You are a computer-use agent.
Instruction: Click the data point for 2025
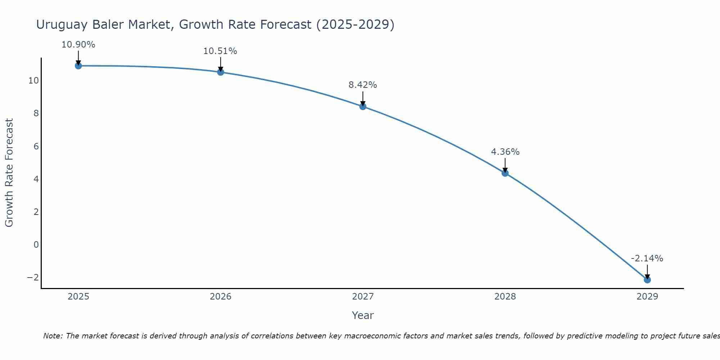click(x=78, y=66)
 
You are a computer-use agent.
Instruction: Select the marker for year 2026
click(x=221, y=72)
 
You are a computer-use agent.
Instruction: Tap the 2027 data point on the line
click(x=363, y=106)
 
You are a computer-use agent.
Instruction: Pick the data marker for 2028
click(x=505, y=173)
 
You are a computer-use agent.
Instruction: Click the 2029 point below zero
click(x=647, y=280)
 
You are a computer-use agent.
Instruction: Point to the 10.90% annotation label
click(x=78, y=45)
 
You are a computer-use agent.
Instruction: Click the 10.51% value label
click(x=220, y=51)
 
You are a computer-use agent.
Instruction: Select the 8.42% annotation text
click(x=363, y=85)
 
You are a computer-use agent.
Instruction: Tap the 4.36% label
click(x=505, y=152)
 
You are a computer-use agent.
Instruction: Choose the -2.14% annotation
click(x=647, y=258)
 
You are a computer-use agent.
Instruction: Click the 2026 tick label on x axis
click(x=221, y=297)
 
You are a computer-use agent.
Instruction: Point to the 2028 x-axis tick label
click(x=505, y=297)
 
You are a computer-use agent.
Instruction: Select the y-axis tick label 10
click(x=33, y=81)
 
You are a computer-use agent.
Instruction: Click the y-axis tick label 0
click(x=36, y=245)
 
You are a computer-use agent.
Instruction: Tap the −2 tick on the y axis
click(x=33, y=278)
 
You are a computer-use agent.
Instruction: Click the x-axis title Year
click(x=363, y=315)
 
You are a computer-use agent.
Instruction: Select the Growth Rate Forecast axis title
click(x=9, y=173)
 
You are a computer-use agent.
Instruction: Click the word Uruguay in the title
click(x=62, y=24)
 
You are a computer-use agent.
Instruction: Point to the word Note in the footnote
click(x=53, y=336)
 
